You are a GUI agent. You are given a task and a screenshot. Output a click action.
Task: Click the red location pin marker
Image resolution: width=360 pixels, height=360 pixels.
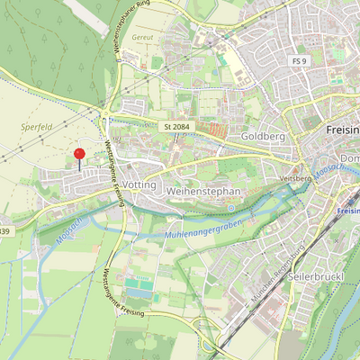click(x=79, y=155)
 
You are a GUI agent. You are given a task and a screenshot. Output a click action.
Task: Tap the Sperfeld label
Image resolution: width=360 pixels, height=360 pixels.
click(x=33, y=129)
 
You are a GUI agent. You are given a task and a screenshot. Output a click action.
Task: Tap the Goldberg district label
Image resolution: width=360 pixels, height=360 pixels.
click(x=263, y=137)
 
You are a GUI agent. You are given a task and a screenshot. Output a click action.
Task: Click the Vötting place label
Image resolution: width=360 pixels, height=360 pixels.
click(x=139, y=184)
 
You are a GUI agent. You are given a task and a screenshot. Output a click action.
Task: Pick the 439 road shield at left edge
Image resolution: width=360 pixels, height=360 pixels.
click(x=4, y=231)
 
